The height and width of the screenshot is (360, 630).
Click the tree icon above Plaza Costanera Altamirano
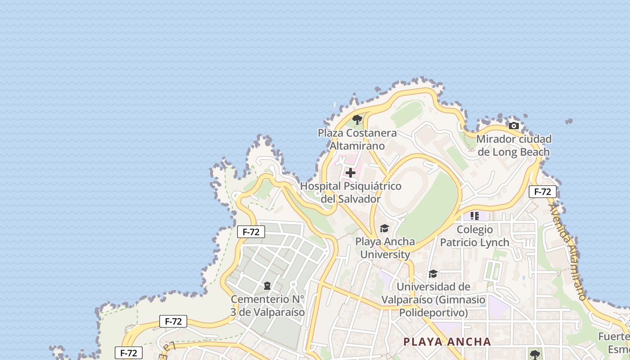coord(357,119)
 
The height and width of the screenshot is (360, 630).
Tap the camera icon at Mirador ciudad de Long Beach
coord(513,126)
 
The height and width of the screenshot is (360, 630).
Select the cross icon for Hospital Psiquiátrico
coord(350,173)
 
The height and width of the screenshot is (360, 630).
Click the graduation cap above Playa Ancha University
coord(384,229)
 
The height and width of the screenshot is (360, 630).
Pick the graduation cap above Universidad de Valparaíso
coord(433,274)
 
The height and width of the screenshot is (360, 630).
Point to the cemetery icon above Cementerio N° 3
coord(267,286)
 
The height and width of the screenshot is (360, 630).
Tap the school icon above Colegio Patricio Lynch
coord(474,216)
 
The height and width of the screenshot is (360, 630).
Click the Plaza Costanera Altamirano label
coord(357,139)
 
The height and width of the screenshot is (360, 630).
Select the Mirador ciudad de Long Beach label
coord(513,145)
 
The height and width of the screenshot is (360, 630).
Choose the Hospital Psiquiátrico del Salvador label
coord(351,192)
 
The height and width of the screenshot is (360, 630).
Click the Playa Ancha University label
coord(385,248)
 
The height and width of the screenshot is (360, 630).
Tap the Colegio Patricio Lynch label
coord(474,236)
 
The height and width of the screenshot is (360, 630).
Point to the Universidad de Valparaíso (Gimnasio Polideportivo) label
coord(433,299)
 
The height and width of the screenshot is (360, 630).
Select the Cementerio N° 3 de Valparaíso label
coord(268,306)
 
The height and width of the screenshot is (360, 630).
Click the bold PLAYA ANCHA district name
coord(447,342)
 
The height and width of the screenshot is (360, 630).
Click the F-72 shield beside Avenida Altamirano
coord(542,192)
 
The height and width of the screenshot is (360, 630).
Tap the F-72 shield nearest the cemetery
coord(251,232)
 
